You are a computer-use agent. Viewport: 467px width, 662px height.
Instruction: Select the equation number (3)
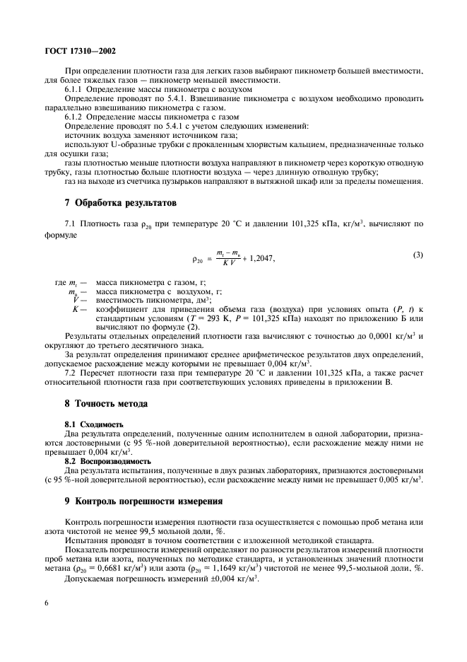[418, 253]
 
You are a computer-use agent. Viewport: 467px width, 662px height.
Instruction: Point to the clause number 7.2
[71, 372]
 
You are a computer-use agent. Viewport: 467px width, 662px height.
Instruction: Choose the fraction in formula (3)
[225, 259]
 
